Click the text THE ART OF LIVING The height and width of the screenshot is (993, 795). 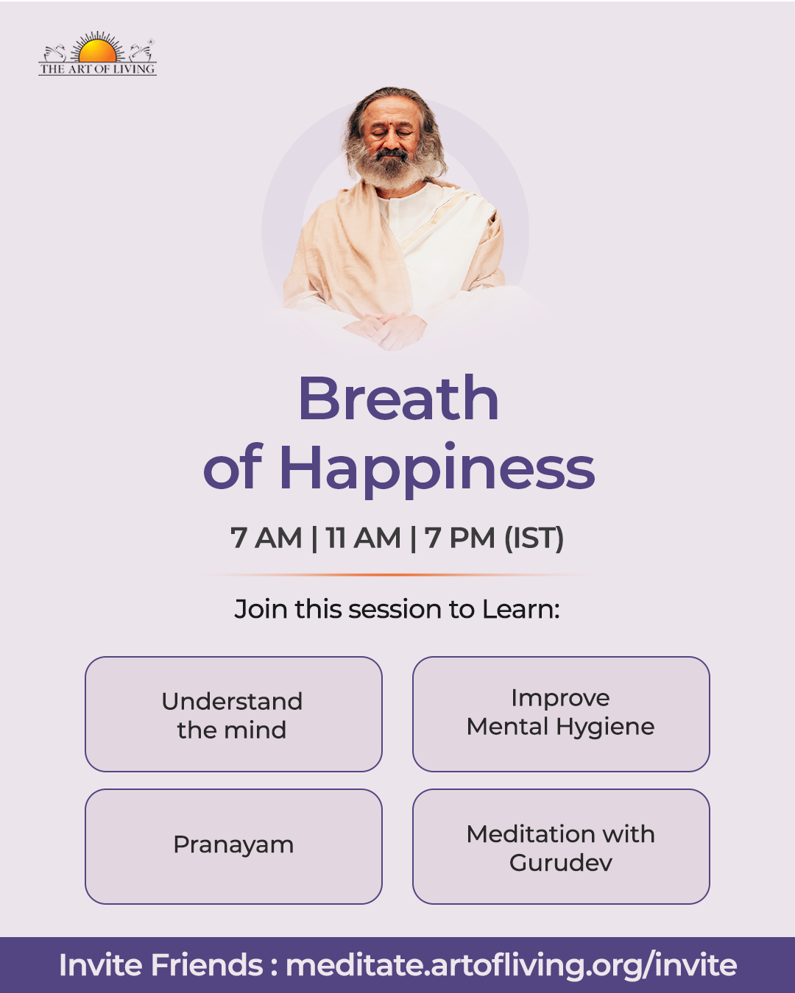(97, 69)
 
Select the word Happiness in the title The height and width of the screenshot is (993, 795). (437, 470)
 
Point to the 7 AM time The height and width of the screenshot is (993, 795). (266, 538)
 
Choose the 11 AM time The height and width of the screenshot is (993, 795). (363, 538)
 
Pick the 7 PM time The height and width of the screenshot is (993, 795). (459, 538)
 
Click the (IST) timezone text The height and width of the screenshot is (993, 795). (534, 538)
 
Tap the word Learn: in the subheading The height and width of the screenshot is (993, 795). (521, 609)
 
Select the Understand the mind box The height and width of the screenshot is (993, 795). (233, 713)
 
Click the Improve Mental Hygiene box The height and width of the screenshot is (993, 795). (561, 713)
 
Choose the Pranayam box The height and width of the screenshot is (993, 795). (233, 847)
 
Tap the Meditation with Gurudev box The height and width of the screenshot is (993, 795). (561, 847)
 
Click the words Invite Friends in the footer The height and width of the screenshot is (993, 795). (160, 964)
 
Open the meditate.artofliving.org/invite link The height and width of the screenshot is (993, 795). (512, 965)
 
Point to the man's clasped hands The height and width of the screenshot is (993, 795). (386, 330)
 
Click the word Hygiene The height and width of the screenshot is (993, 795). (605, 727)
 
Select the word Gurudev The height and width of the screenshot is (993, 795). (561, 862)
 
